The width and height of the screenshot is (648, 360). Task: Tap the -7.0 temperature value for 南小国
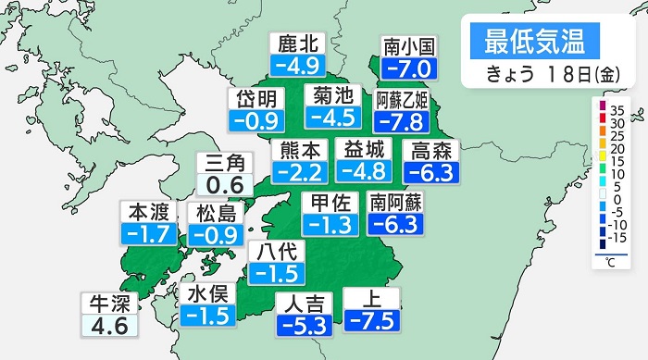[408, 68]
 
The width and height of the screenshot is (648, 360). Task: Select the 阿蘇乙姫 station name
[402, 99]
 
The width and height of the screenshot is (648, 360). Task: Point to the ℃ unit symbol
[612, 264]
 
